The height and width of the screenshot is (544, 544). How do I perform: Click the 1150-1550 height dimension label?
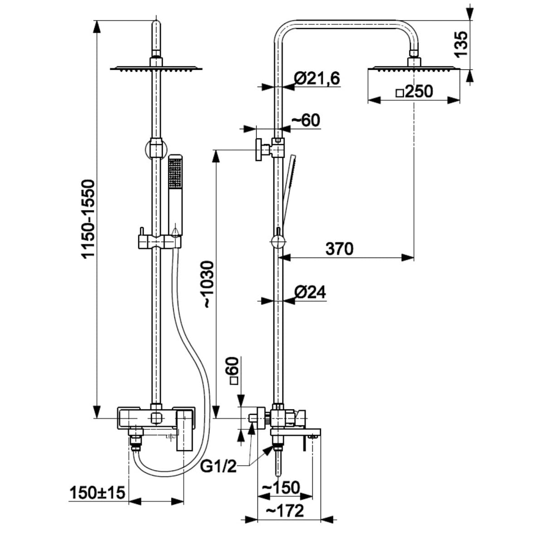click(88, 219)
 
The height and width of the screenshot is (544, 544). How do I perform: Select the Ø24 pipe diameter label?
click(310, 292)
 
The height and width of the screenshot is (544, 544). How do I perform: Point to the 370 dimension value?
click(340, 249)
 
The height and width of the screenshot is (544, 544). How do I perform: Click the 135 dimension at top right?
click(461, 44)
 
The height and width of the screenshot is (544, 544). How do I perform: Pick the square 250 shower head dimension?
click(414, 92)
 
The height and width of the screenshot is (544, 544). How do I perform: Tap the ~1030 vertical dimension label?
click(209, 285)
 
